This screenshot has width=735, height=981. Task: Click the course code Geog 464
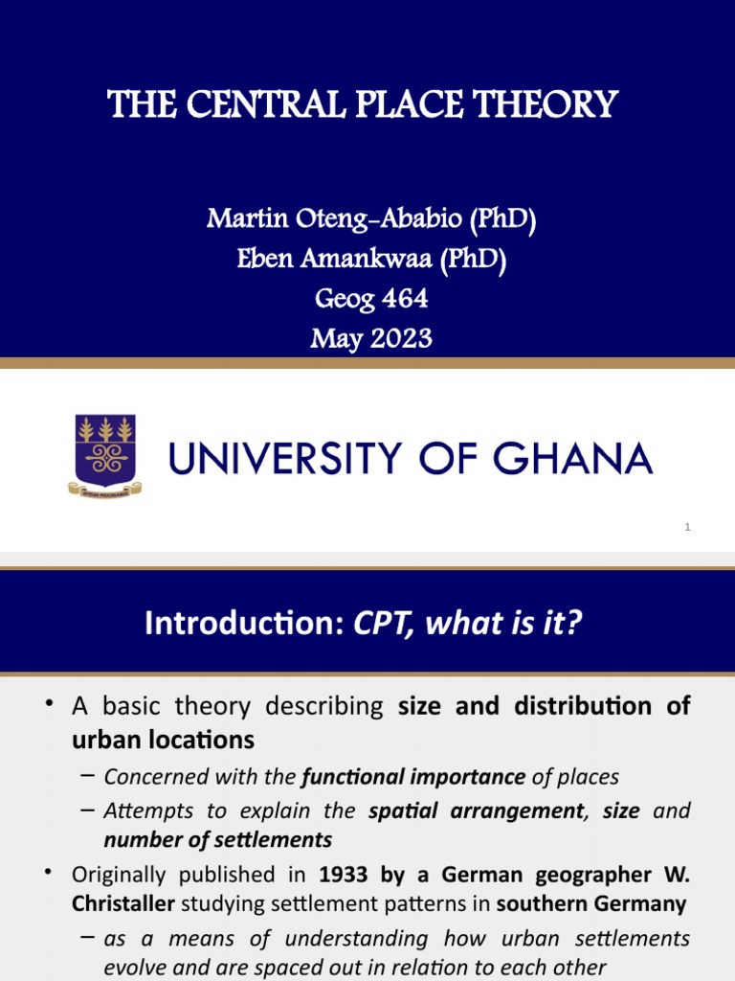pos(371,299)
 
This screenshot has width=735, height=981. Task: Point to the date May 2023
pos(371,338)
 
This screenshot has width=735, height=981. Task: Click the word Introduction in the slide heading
pos(243,624)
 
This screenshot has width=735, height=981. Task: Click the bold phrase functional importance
pos(413,776)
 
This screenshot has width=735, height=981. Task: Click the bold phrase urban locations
pos(163,740)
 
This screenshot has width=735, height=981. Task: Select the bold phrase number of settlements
pos(218,839)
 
